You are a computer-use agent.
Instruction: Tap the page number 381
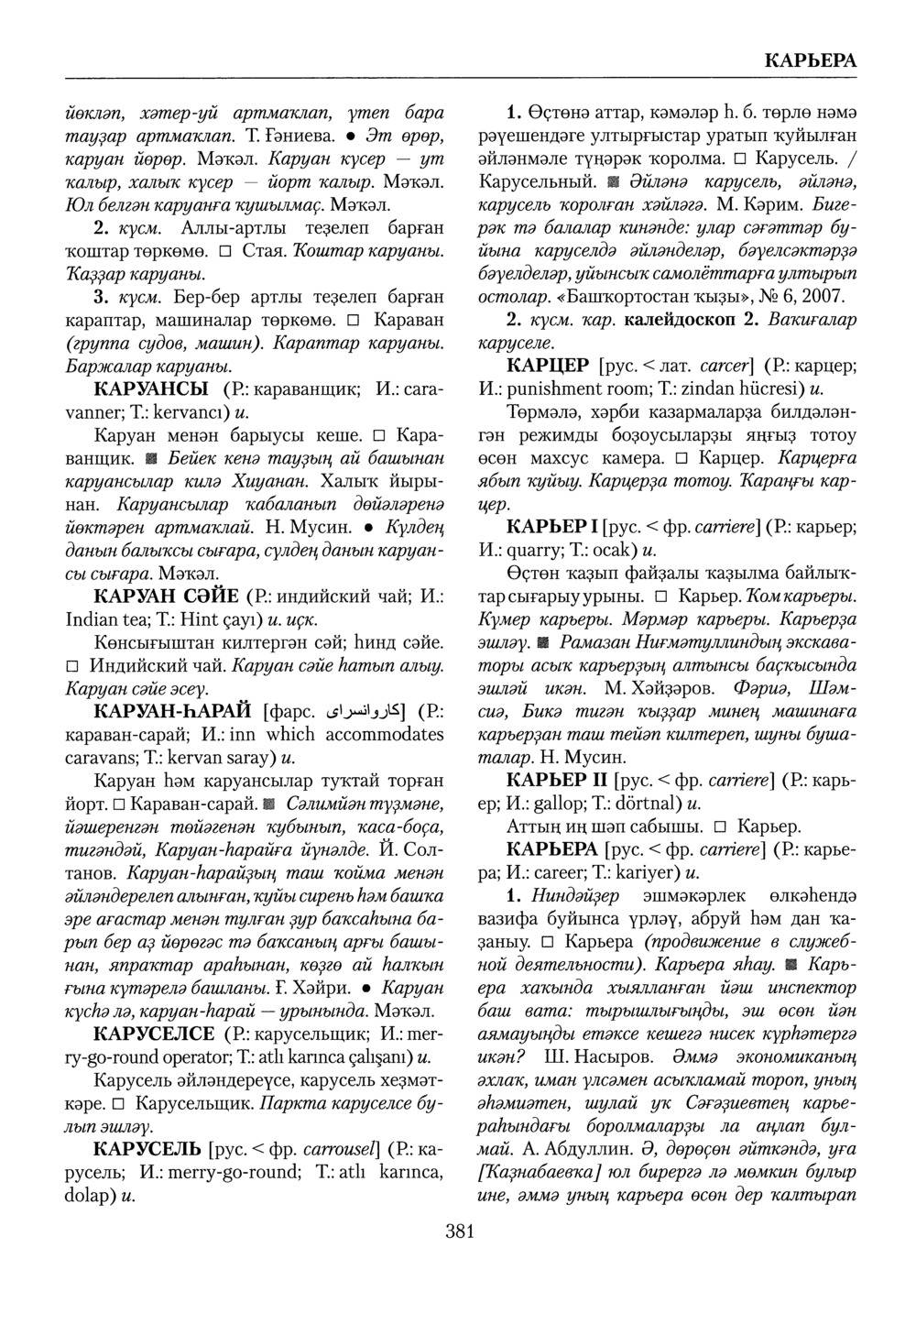point(459,1233)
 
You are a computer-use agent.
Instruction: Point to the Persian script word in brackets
point(362,712)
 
